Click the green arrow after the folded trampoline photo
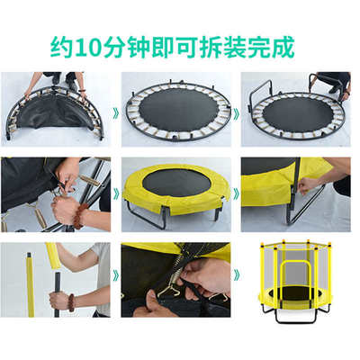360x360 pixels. coord(115,114)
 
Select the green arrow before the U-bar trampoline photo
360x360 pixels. coord(236,114)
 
